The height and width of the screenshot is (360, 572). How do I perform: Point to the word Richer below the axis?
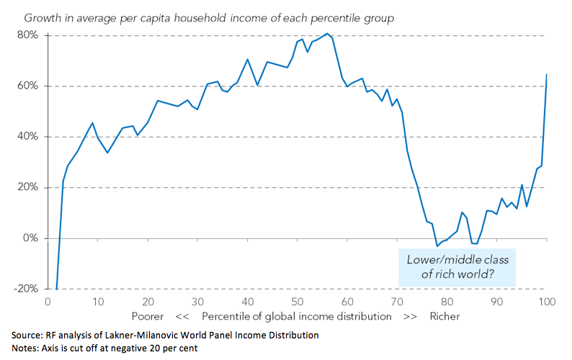444,317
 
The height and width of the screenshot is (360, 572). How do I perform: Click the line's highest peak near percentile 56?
327,34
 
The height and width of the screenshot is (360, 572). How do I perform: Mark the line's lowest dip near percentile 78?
437,246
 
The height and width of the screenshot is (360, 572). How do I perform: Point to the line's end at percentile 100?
547,74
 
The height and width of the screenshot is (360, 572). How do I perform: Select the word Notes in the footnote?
26,349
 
